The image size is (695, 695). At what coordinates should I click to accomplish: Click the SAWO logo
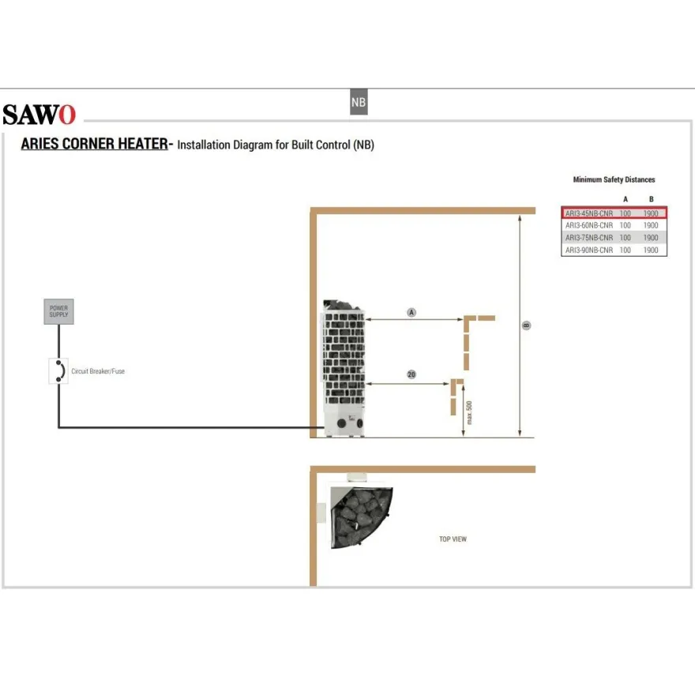point(39,115)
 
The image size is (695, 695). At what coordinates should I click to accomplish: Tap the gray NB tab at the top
point(359,102)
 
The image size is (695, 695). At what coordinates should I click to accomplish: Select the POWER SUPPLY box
point(59,311)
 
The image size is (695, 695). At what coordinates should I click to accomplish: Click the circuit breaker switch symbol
point(58,370)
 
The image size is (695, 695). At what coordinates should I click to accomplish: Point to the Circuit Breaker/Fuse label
point(98,371)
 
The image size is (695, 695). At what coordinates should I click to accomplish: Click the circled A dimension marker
point(411,313)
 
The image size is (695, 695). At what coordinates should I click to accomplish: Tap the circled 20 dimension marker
point(411,374)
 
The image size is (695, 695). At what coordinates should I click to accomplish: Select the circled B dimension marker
point(526,325)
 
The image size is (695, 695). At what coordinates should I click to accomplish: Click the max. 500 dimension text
point(469,412)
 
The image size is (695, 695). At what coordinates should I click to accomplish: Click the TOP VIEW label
point(453,539)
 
